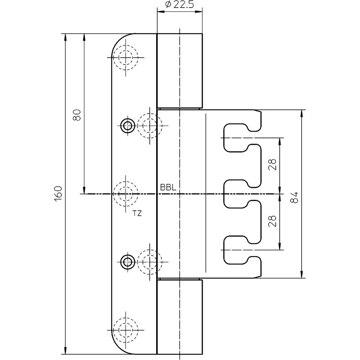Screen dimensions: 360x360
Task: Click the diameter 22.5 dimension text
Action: (x=180, y=4)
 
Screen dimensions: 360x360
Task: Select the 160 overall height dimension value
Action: (x=58, y=194)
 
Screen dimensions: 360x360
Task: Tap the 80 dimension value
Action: (x=77, y=115)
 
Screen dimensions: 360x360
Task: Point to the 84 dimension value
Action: (x=294, y=197)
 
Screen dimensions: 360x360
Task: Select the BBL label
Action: (x=168, y=188)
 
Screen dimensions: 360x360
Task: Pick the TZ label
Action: (x=137, y=213)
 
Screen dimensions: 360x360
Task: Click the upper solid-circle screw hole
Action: (x=128, y=126)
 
